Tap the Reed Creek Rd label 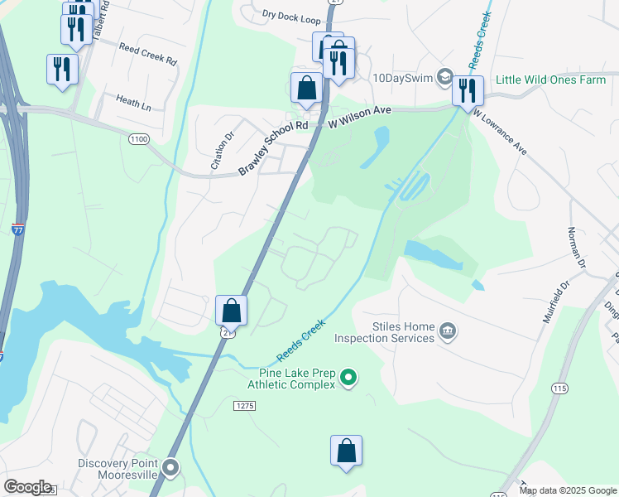(148, 54)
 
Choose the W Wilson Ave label (359, 122)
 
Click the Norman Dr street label (576, 248)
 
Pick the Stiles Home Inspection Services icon (447, 331)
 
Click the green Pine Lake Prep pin (348, 379)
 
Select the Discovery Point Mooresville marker (170, 469)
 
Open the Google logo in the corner (27, 487)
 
